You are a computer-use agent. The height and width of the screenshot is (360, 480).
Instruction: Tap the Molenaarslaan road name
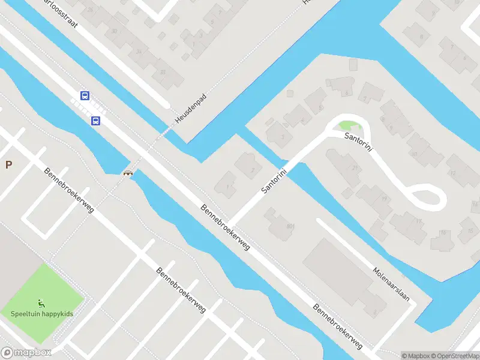coord(394,285)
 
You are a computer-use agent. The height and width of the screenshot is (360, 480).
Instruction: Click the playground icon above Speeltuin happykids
coord(41,303)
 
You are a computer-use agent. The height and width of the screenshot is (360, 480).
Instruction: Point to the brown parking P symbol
coord(8,165)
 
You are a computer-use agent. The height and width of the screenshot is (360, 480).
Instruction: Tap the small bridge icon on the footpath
coord(128,173)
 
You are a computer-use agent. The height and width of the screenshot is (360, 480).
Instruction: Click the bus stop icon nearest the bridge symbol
coord(95,121)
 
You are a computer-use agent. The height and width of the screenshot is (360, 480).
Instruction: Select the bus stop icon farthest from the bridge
coord(85,95)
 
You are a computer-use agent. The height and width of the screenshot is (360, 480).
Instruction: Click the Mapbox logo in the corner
coord(26,353)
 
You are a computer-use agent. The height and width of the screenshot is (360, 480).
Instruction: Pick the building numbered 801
coord(290,226)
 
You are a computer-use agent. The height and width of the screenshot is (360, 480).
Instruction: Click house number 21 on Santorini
coord(355,168)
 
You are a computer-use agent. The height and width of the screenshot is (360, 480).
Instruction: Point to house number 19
coord(383,199)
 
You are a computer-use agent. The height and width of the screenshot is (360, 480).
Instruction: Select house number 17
coord(418,221)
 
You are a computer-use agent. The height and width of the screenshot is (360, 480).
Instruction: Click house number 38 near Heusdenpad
coord(163,73)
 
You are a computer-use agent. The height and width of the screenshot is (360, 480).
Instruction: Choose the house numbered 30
coord(114,31)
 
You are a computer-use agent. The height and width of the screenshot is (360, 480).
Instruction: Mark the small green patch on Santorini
coord(347,126)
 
